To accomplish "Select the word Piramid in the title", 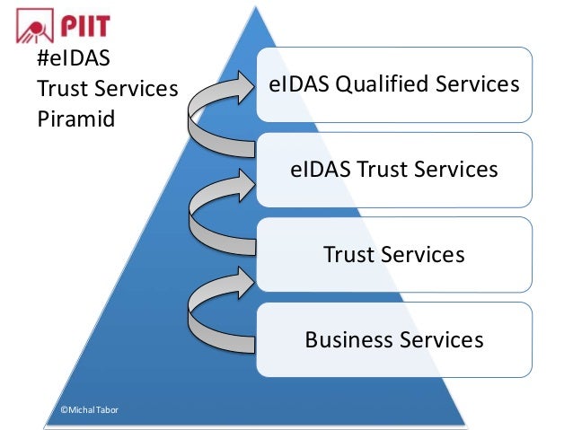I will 75,118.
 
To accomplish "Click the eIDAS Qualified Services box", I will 394,84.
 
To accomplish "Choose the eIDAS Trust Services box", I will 394,170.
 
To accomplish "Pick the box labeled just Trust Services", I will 394,255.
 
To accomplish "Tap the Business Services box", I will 394,340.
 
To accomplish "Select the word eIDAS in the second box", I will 321,170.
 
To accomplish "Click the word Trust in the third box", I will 348,255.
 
